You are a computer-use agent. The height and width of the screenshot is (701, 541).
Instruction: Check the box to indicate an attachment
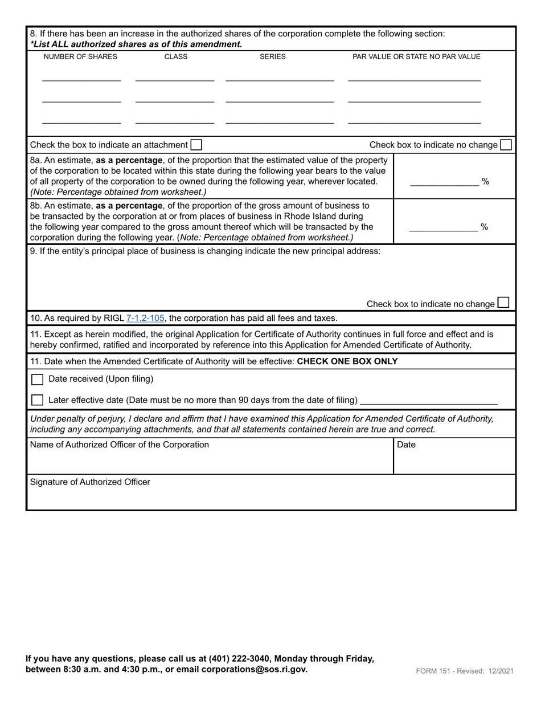[x=196, y=145]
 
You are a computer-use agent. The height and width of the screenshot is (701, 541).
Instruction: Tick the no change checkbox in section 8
[x=505, y=145]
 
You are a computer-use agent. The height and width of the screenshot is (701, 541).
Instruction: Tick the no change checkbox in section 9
[x=503, y=303]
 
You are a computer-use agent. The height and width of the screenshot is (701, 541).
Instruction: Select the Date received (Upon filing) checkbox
[x=37, y=380]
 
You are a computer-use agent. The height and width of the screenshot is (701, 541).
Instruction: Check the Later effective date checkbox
[x=37, y=400]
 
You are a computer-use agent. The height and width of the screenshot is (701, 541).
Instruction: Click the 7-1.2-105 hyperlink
[x=145, y=318]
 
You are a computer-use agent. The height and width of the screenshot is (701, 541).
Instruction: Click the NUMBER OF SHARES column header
[x=80, y=57]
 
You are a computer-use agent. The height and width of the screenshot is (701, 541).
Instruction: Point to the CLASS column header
[x=175, y=57]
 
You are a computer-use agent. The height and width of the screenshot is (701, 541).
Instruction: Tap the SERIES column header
[x=273, y=57]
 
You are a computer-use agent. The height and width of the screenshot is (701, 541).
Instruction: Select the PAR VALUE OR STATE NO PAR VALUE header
[x=416, y=57]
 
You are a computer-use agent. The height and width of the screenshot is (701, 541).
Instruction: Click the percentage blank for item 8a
[x=444, y=182]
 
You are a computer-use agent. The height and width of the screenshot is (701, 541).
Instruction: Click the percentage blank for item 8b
[x=443, y=227]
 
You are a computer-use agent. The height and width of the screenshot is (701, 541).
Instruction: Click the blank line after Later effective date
[x=429, y=400]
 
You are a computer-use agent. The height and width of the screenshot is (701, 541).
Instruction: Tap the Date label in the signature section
[x=406, y=445]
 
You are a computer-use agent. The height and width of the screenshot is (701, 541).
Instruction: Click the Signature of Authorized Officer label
[x=90, y=482]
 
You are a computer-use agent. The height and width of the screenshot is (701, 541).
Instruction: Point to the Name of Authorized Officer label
[x=119, y=445]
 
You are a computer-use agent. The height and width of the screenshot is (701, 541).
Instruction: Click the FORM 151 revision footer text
[x=465, y=671]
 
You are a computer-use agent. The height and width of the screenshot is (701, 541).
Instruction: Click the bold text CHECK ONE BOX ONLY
[x=347, y=361]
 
